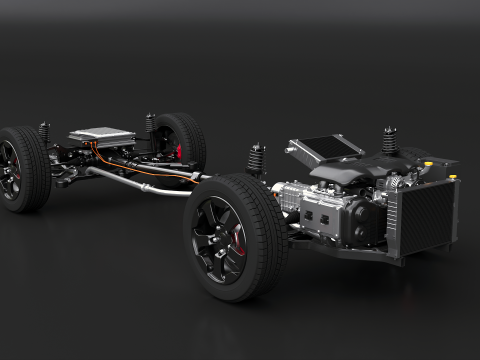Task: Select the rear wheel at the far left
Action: click(22, 167)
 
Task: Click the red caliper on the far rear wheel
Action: click(180, 153)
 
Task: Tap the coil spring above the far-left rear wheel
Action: click(45, 133)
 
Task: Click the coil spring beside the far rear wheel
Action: click(151, 125)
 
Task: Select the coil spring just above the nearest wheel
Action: click(256, 157)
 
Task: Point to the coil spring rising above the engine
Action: click(388, 141)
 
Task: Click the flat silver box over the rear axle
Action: click(100, 137)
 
